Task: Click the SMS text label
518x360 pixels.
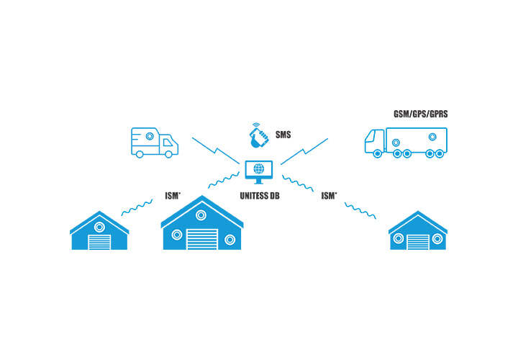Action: (x=284, y=135)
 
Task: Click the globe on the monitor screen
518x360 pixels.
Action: (x=259, y=169)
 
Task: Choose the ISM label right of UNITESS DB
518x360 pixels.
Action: (x=330, y=196)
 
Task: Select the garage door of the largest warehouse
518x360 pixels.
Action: (x=201, y=239)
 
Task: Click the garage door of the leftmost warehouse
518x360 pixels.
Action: (x=99, y=242)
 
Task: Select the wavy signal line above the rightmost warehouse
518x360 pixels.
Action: (x=363, y=211)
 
